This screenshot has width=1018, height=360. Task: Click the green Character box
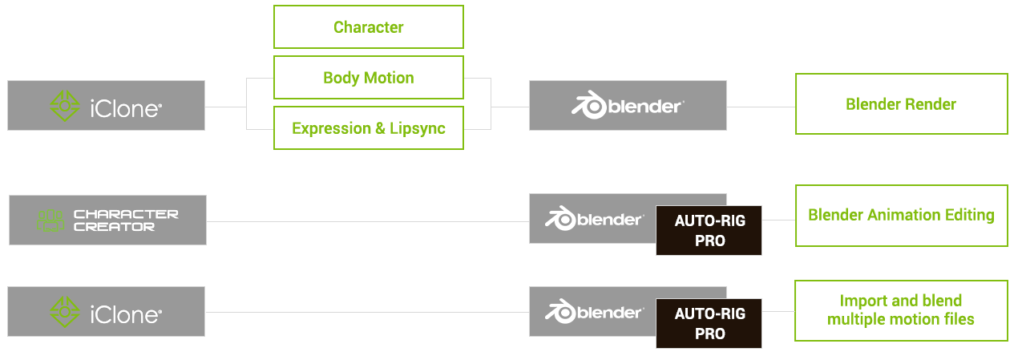click(x=368, y=26)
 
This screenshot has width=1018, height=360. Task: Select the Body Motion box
click(x=368, y=78)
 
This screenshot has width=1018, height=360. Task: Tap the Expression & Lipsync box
click(x=368, y=128)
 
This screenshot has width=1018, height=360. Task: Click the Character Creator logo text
click(x=126, y=220)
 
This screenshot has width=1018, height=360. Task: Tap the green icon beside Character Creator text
click(x=50, y=220)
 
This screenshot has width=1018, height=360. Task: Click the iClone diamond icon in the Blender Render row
click(x=65, y=106)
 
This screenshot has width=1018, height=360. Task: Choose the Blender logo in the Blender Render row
click(x=628, y=106)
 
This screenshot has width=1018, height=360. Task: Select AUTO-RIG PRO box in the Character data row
click(x=709, y=230)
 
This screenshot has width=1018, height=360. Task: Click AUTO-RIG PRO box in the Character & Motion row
click(x=709, y=323)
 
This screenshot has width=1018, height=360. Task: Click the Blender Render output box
click(x=901, y=104)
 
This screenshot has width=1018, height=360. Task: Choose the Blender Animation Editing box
click(x=901, y=216)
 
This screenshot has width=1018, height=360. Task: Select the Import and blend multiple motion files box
click(x=901, y=310)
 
